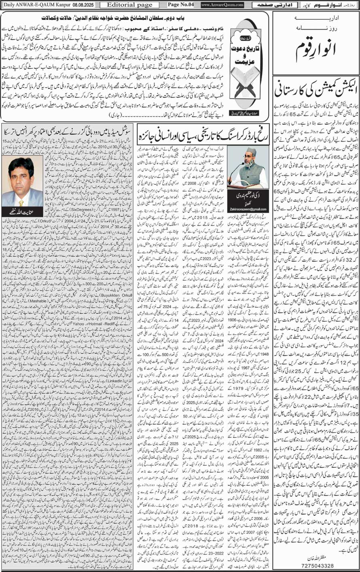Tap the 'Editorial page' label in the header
pos(123,4)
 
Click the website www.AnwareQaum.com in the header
pos(222,4)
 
